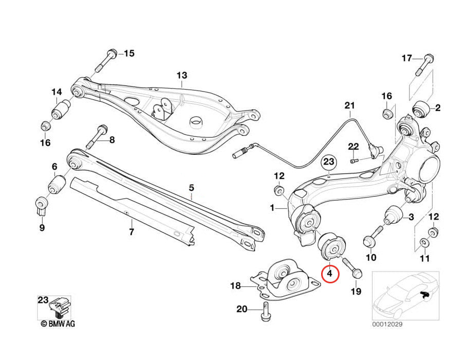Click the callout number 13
coord(182,76)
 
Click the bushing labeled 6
coord(56,184)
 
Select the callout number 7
coord(132,232)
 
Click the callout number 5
coord(191,188)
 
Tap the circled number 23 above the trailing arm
coord(329,162)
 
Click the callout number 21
coord(350,106)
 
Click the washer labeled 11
coord(424,242)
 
